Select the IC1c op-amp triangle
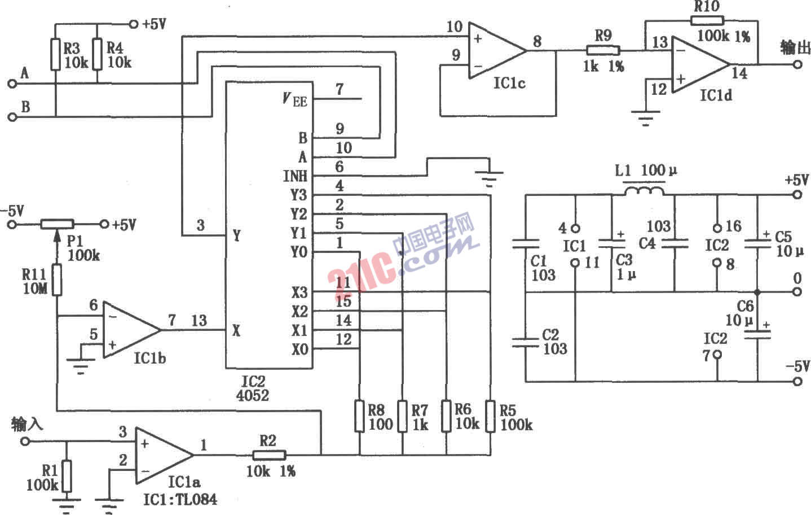coord(494,50)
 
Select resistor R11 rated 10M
coord(57,281)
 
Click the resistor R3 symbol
coord(55,54)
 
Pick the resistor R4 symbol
coord(98,54)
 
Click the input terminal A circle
coord(12,84)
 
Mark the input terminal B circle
coord(12,117)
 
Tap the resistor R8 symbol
coord(360,416)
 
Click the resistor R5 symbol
coord(490,416)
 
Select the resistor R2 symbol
coord(269,455)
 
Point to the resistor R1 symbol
coord(67,476)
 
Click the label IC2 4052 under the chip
coord(252,389)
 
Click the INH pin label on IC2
coord(295,176)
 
